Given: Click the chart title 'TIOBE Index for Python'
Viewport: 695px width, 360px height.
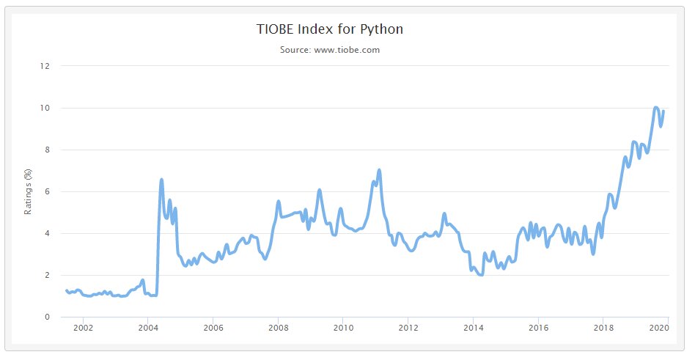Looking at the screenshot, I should click(x=329, y=30).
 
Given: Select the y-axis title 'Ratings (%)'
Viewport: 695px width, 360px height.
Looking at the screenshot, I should click(x=29, y=192).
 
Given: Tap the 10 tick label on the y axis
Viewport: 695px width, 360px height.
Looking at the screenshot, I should click(x=45, y=108).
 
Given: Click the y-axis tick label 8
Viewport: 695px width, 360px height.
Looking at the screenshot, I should click(x=47, y=150).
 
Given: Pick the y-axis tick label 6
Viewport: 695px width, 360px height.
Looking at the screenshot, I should click(x=47, y=191).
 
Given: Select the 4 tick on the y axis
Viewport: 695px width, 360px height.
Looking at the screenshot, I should click(x=47, y=233).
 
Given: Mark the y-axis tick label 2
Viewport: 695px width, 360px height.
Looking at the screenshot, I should click(x=47, y=275).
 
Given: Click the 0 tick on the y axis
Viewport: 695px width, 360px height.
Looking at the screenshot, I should click(x=47, y=317).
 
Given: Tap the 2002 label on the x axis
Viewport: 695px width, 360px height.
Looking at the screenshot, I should click(x=83, y=328).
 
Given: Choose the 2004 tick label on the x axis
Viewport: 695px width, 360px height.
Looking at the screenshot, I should click(x=147, y=328).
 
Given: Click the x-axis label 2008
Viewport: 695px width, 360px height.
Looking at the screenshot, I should click(x=278, y=328).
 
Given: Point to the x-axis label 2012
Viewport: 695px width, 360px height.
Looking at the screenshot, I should click(x=408, y=328).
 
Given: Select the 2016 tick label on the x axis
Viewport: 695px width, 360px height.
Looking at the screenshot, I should click(x=539, y=328).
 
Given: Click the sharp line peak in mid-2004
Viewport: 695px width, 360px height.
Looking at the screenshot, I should click(x=161, y=180).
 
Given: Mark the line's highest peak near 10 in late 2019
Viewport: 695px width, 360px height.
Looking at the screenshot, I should click(x=656, y=108).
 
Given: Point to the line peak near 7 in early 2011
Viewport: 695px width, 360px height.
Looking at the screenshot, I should click(x=379, y=170).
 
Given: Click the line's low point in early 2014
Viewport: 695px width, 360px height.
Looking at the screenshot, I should click(x=481, y=274).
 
